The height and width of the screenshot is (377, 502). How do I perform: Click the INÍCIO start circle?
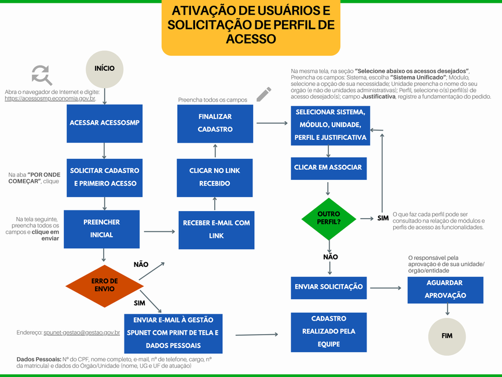(x=105, y=68)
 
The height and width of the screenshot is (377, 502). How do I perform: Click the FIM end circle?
(x=447, y=336)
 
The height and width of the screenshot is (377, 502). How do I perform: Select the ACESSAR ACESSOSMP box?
(x=105, y=123)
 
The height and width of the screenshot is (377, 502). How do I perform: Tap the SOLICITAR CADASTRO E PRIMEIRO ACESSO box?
(x=105, y=177)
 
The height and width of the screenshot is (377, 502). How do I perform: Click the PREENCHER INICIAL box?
(x=102, y=229)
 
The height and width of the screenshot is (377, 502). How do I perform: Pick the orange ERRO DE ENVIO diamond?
(x=105, y=285)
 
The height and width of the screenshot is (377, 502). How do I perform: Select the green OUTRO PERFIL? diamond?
(x=329, y=218)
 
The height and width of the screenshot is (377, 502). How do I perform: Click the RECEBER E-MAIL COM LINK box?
(x=216, y=230)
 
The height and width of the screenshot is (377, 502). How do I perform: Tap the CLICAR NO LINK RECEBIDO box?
(x=215, y=177)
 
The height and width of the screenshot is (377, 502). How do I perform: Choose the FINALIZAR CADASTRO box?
(x=215, y=123)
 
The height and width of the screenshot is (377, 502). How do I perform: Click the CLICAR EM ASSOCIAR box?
(x=328, y=167)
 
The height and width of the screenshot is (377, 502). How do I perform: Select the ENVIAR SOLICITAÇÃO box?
(x=329, y=287)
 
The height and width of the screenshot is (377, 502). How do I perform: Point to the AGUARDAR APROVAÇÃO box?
(x=445, y=289)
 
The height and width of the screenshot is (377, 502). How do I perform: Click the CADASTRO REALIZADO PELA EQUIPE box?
(x=329, y=332)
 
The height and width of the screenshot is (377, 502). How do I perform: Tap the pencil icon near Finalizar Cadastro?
(x=263, y=93)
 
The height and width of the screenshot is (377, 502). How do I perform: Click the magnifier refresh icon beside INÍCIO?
(x=41, y=75)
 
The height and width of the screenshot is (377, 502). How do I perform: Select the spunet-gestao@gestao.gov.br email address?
(x=82, y=333)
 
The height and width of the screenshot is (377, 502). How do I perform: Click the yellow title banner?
(x=251, y=26)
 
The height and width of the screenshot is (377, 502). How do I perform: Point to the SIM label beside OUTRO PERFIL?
(x=383, y=218)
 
